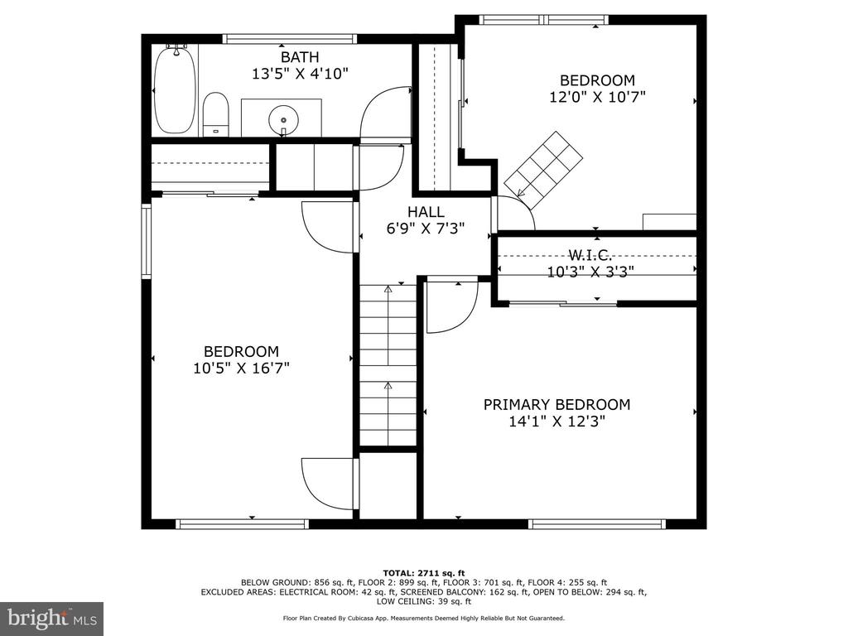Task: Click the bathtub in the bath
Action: (x=174, y=89)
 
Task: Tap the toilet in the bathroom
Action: (x=215, y=114)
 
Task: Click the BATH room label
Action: (x=300, y=57)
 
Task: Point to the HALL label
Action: (x=426, y=211)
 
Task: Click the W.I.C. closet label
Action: (x=590, y=254)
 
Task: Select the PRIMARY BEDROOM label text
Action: (x=556, y=404)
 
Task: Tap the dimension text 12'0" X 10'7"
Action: (x=597, y=98)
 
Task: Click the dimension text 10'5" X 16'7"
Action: (x=241, y=369)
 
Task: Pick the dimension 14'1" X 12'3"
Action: (x=556, y=422)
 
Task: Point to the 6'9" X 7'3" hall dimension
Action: (x=426, y=229)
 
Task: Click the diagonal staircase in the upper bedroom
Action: (x=542, y=170)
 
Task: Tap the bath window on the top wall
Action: (x=290, y=39)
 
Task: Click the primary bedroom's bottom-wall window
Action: (x=596, y=523)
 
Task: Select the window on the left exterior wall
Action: (x=146, y=241)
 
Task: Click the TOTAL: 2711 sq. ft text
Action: (x=424, y=573)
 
